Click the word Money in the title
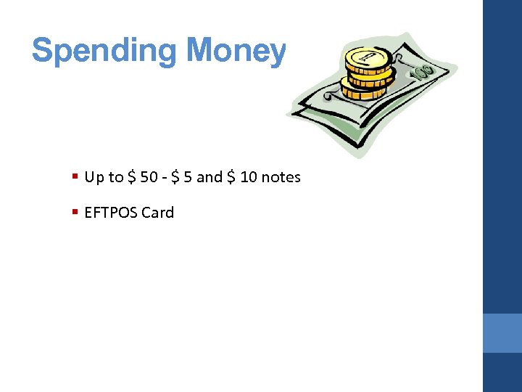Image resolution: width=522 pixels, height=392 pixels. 236,51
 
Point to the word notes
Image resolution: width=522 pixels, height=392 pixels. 281,177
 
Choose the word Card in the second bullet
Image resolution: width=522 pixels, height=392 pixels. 158,213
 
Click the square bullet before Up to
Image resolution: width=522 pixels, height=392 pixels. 75,176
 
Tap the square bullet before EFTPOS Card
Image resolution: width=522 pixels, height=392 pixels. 75,212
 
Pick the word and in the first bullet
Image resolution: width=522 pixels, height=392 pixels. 210,177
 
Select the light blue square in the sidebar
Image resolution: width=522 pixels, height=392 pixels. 502,332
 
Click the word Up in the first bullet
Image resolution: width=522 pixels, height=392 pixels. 94,177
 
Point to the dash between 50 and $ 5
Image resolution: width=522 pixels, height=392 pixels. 166,178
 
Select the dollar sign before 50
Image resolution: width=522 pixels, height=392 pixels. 132,177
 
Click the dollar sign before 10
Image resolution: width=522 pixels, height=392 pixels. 232,177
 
